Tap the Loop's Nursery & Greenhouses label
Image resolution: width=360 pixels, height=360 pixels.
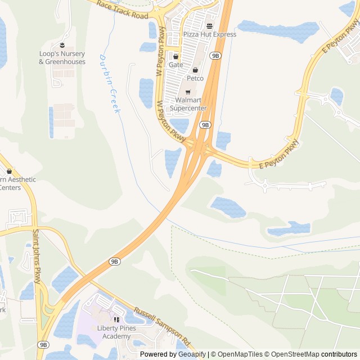[62, 57]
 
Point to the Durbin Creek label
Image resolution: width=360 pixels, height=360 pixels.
[110, 84]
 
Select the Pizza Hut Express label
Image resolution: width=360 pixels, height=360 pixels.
[209, 34]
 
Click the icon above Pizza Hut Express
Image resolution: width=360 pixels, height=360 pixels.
[209, 26]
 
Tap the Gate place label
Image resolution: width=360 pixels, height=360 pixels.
[175, 65]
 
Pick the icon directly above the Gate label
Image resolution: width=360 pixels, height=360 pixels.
[175, 56]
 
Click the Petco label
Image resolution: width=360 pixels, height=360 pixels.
[195, 78]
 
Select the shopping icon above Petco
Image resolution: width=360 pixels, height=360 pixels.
[195, 70]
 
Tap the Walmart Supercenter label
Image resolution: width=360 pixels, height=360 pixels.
[187, 104]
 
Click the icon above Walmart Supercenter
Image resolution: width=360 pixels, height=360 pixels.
[187, 92]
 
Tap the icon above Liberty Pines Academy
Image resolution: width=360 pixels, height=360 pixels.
[117, 320]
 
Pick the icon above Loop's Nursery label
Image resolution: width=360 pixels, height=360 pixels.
[62, 45]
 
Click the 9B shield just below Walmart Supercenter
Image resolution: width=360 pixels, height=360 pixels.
[205, 125]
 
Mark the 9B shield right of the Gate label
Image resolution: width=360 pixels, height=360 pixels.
[215, 55]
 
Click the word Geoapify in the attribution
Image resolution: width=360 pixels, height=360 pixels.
[192, 354]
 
